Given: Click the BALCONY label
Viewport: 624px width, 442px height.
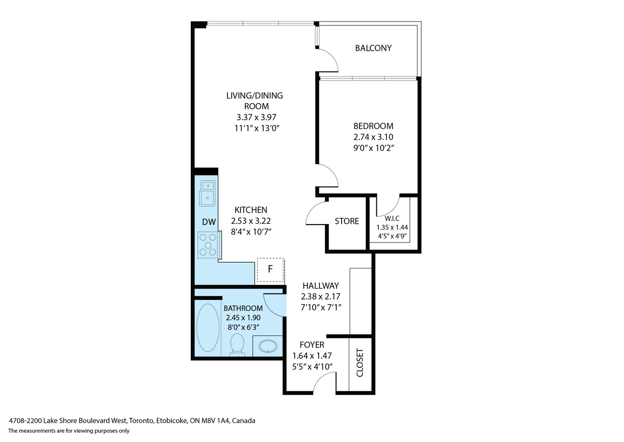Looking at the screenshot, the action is [373, 48].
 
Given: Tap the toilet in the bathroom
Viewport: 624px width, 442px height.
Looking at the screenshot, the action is [238, 345].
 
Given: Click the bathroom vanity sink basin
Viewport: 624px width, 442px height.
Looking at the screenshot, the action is [268, 346].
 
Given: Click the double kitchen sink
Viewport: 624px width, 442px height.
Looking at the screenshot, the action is [207, 193].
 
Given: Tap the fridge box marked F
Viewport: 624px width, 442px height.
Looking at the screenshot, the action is [270, 270].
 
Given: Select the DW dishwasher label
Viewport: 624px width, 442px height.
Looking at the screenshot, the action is [209, 222].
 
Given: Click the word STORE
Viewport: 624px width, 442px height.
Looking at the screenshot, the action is [347, 221].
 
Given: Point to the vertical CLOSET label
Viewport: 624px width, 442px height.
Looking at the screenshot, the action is [360, 363].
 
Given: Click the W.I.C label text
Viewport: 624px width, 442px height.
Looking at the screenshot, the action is [392, 218].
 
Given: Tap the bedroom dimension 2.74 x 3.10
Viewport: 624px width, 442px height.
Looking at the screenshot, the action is [373, 137].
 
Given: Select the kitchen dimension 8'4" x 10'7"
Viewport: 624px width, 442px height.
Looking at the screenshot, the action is [251, 232].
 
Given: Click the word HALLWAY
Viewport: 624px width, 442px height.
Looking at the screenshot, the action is [321, 285].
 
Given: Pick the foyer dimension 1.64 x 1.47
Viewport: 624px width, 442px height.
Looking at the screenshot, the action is [312, 356].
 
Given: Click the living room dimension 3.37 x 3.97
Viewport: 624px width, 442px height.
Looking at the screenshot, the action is [256, 117].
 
